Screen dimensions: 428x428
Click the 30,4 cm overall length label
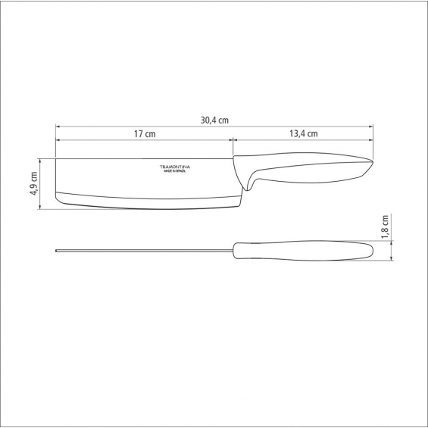click(214, 120)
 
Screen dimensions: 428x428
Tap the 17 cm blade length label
click(145, 134)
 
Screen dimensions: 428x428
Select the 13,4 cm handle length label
click(304, 133)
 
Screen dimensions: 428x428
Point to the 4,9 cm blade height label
click(34, 183)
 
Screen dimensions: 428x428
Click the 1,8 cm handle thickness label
click(385, 226)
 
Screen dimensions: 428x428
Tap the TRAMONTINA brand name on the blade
click(175, 167)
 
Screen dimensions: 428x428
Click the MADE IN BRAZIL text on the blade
click(175, 171)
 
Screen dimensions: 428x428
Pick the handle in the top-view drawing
click(303, 251)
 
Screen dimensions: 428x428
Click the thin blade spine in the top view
click(144, 251)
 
